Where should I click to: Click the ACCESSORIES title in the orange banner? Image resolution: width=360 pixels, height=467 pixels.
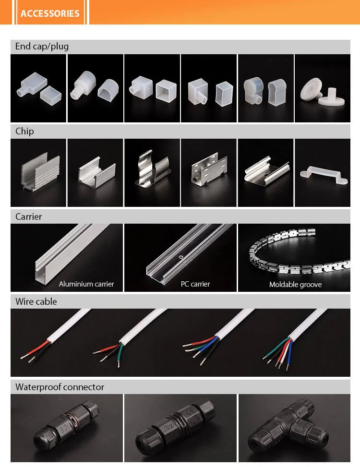(x=50, y=13)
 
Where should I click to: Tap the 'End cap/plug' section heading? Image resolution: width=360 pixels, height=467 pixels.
(x=42, y=47)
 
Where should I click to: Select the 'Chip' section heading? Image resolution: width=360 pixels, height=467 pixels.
(x=24, y=132)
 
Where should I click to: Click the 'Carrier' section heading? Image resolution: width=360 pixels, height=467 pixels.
(x=29, y=216)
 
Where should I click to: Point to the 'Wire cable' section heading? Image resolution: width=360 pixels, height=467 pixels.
(x=36, y=301)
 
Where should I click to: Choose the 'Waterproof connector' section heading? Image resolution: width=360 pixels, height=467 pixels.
(x=60, y=387)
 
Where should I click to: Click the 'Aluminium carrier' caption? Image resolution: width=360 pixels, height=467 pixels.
(x=86, y=284)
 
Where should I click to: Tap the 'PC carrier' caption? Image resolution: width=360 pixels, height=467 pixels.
(x=195, y=284)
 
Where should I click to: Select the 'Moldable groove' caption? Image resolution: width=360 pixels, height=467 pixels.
(x=295, y=285)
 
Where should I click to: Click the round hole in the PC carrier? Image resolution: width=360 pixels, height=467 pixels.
(x=180, y=257)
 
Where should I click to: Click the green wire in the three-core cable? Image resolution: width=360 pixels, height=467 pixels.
(x=120, y=355)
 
